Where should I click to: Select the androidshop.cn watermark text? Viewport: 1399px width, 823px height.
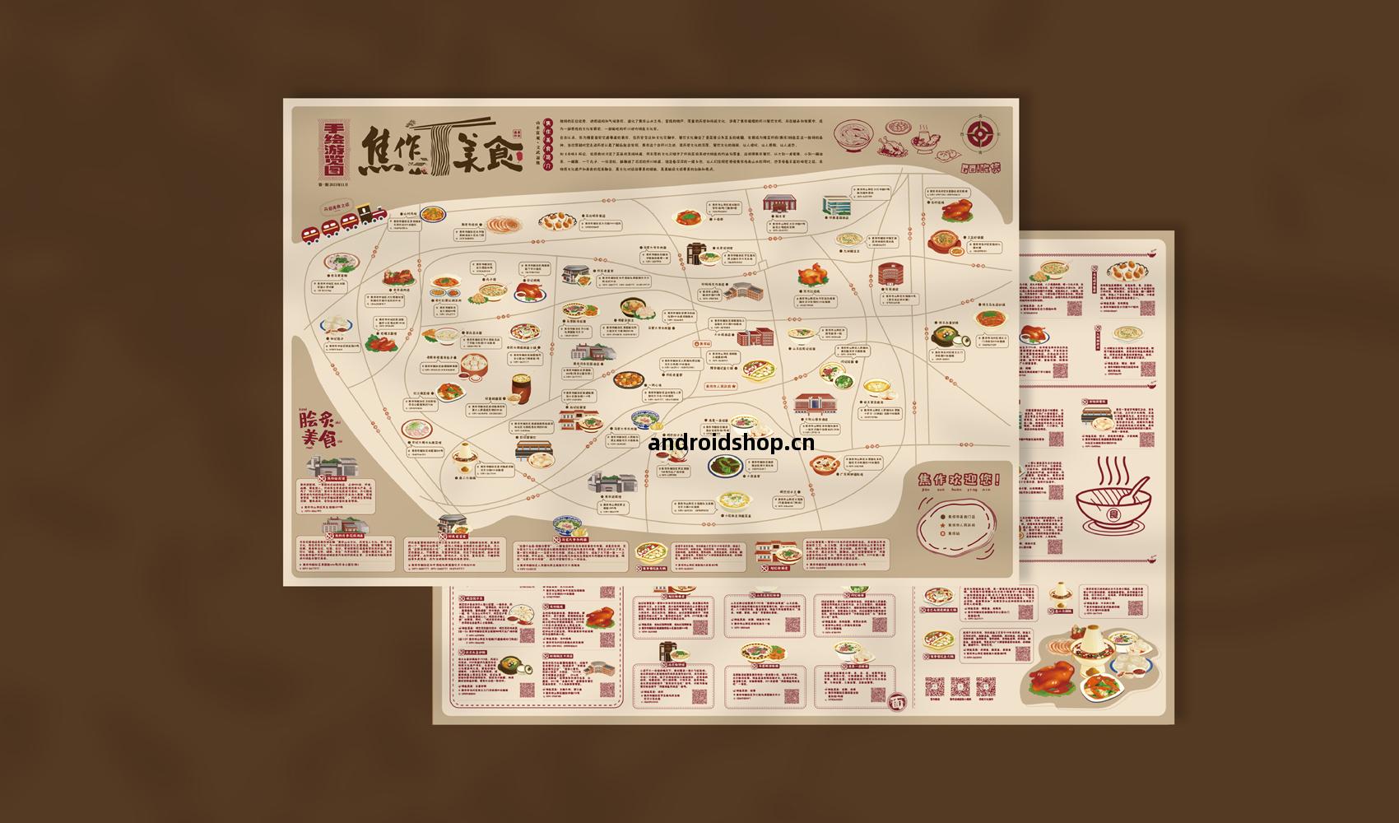tap(732, 443)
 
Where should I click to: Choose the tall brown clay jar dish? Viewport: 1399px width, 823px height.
tap(520, 387)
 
